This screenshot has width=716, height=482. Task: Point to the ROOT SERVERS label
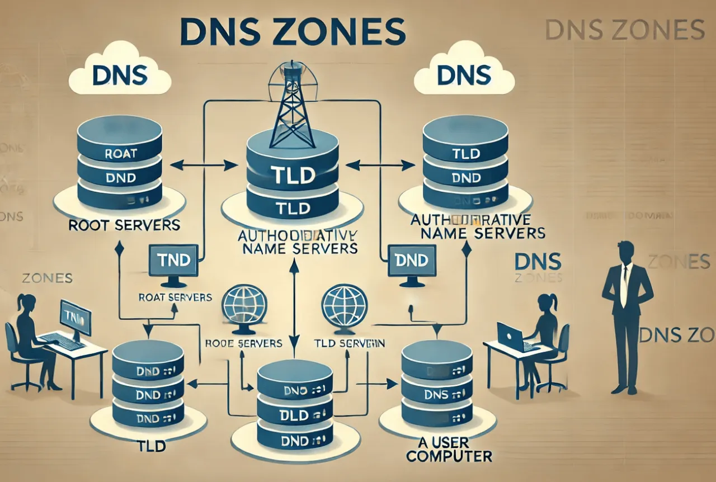[x=124, y=225]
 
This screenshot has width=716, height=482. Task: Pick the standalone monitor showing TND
[x=173, y=261]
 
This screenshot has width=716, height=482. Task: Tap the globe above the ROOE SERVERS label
[x=243, y=305]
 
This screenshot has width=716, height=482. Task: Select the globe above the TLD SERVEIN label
[x=345, y=305]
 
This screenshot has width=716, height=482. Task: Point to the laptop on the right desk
[x=511, y=337]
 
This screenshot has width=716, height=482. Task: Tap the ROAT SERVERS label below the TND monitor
[x=175, y=297]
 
